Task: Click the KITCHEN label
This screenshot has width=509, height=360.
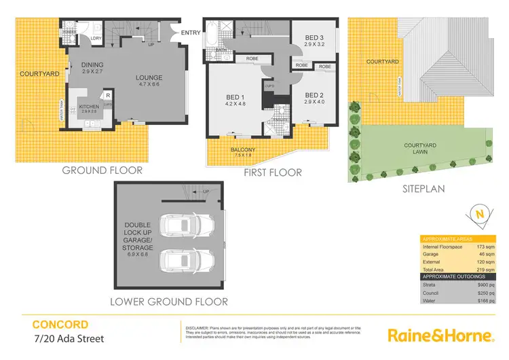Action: [90, 106]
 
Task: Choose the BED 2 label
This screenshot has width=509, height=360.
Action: [314, 95]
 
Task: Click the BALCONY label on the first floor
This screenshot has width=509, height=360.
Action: [242, 149]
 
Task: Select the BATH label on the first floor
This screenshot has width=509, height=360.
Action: [221, 50]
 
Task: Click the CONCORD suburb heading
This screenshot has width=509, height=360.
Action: [60, 324]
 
